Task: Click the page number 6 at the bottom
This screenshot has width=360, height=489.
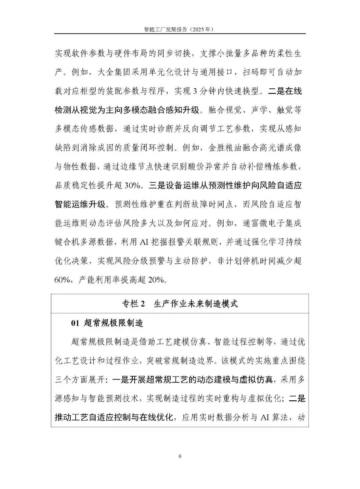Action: tap(180, 456)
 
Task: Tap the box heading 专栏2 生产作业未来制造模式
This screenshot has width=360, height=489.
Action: tap(180, 304)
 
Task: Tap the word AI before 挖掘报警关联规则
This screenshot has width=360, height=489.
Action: tap(144, 242)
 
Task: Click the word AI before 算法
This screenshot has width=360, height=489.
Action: tap(265, 417)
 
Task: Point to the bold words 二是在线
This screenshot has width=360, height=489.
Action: tap(285, 91)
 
